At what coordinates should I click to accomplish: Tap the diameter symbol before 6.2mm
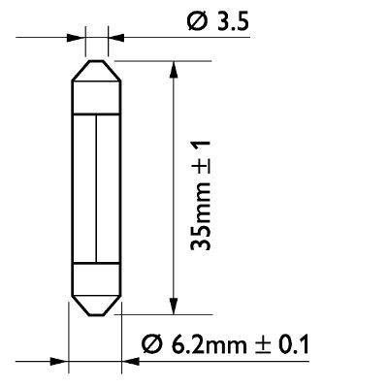pos(153,343)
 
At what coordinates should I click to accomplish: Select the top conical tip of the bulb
pos(97,70)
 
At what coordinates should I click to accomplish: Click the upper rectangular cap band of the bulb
pos(97,94)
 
